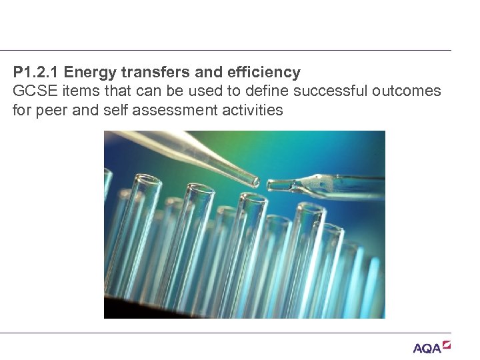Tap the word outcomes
point(413,91)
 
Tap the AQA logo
point(427,348)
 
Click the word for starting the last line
point(21,110)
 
